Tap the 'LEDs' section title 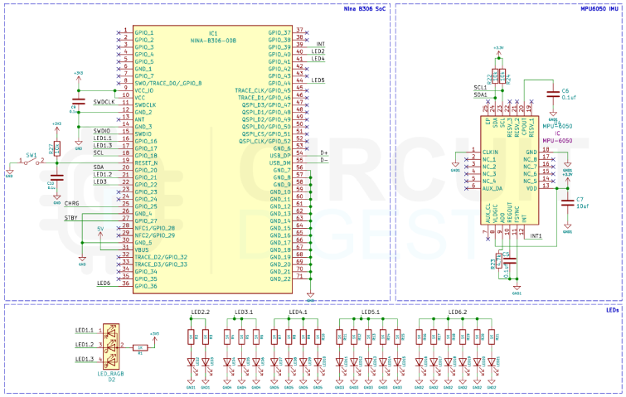click(x=612, y=310)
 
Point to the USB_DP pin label click(x=280, y=155)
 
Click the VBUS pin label click(x=142, y=249)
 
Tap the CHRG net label click(x=72, y=203)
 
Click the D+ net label click(x=323, y=153)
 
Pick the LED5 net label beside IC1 click(x=318, y=80)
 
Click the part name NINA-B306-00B click(x=213, y=39)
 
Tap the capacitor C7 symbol click(x=568, y=201)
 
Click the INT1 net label click(x=536, y=236)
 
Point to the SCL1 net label click(x=480, y=86)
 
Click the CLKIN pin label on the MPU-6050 click(x=490, y=153)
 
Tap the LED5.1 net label click(x=370, y=313)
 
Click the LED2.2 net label click(x=201, y=312)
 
